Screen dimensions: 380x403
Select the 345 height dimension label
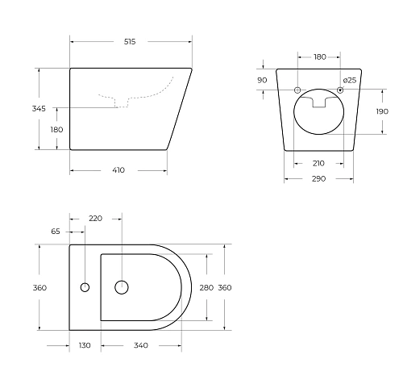point(39,108)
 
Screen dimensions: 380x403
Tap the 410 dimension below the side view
point(118,170)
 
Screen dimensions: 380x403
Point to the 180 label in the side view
point(56,129)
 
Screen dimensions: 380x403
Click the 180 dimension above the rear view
point(319,56)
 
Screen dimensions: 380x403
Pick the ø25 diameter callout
point(350,80)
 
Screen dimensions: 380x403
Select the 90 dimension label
point(262,80)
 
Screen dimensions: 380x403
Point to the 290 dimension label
point(318,178)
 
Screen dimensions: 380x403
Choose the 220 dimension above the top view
point(95,218)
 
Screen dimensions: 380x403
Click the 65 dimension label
point(56,231)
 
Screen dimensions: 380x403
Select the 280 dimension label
point(207,287)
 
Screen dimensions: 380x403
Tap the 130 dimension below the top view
point(85,345)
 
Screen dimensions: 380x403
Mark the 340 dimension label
point(140,345)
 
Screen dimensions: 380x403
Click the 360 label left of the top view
point(39,287)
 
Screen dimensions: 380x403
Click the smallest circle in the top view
point(85,287)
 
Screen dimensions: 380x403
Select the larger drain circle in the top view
point(122,286)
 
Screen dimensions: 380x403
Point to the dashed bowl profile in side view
point(137,94)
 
